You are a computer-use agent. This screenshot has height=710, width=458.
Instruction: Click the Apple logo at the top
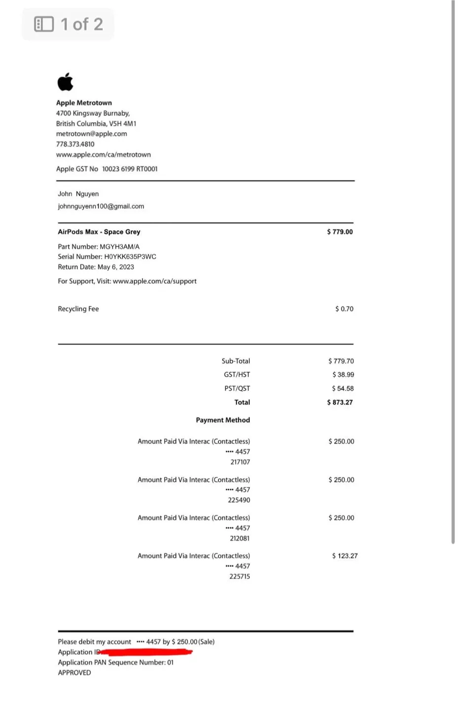tap(65, 82)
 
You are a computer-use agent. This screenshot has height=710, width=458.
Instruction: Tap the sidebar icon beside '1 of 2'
tap(44, 24)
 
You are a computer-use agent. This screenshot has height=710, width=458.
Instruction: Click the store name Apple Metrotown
tap(84, 103)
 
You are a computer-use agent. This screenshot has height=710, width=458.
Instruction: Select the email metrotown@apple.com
tap(91, 134)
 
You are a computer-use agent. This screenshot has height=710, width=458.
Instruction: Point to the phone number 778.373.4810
tap(75, 144)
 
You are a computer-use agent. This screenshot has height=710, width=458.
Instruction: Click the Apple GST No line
tap(106, 169)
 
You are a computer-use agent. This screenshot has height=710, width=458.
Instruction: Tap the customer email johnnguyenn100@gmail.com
tap(101, 206)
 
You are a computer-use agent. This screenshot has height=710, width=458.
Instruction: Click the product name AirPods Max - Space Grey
tap(99, 232)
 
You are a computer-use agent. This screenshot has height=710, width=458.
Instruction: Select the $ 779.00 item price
tap(340, 232)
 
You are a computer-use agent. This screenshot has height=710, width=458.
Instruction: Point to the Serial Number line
tap(106, 256)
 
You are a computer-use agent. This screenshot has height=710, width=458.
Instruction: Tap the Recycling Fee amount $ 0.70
tap(344, 309)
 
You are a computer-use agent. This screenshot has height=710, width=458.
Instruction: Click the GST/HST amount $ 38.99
tap(343, 375)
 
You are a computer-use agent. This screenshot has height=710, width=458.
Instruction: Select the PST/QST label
tap(237, 389)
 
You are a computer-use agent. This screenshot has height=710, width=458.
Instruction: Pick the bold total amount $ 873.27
tap(340, 402)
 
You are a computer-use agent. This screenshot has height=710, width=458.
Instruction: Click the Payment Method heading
tap(223, 420)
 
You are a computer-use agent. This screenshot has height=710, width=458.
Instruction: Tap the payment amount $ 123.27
tap(345, 556)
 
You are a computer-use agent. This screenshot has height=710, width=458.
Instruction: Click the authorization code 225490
tap(239, 500)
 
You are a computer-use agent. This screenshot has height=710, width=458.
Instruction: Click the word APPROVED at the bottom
tap(74, 673)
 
